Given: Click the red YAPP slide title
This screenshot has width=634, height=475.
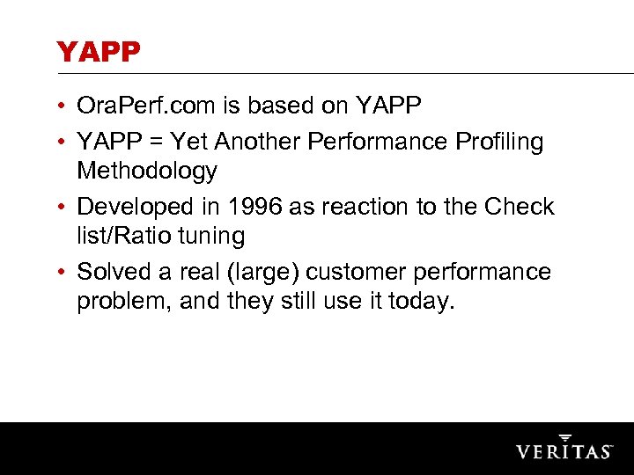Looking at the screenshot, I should pos(99,53).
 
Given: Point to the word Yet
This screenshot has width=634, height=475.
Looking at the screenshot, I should pos(190,141).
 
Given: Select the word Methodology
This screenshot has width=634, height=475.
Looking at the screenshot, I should pos(146,171).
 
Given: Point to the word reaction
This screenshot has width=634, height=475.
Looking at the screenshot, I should pos(354,207).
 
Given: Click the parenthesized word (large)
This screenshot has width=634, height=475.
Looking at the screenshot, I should pos(262,273).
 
